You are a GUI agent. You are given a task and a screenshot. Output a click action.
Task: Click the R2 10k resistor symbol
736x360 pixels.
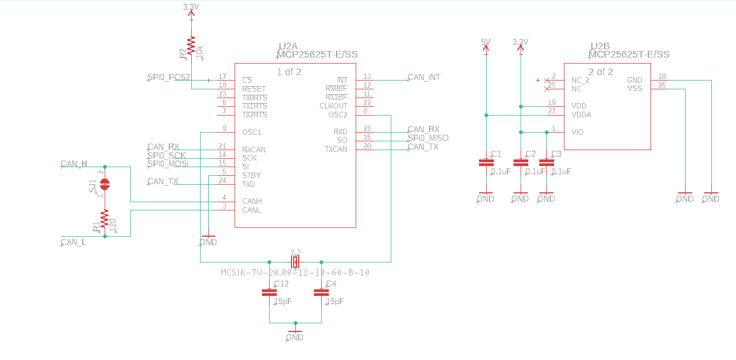click(191, 47)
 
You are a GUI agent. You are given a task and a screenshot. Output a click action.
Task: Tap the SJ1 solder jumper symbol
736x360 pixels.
click(105, 184)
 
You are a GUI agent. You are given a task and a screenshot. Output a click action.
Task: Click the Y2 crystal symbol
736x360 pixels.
click(295, 262)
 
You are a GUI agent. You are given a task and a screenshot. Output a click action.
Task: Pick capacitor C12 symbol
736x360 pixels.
click(269, 292)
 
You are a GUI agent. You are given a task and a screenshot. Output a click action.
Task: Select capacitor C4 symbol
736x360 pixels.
click(321, 292)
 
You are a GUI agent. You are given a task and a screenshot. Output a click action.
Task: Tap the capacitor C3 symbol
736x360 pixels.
click(546, 163)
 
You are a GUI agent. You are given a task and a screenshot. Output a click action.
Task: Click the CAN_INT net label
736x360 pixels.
click(424, 77)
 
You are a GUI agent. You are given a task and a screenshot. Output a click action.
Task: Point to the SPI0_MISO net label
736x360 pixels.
click(428, 138)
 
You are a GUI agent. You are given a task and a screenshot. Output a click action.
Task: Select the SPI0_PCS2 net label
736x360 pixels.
click(169, 77)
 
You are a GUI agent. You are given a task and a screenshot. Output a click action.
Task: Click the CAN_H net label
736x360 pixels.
click(74, 163)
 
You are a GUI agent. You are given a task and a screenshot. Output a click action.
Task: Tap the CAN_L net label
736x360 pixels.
click(73, 242)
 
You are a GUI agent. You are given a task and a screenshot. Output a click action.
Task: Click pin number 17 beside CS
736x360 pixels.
click(222, 77)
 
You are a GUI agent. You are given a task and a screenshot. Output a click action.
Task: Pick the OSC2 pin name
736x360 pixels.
click(338, 115)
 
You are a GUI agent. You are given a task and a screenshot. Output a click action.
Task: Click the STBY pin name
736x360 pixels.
click(251, 175)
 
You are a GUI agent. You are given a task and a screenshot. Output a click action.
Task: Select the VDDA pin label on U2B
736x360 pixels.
click(581, 115)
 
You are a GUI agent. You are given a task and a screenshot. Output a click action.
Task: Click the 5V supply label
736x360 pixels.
click(486, 42)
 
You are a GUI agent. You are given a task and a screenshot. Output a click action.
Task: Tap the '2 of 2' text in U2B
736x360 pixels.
click(601, 72)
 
